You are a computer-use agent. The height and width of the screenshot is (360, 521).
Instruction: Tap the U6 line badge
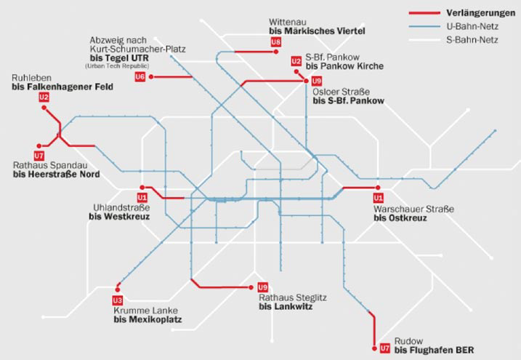click(x=140, y=76)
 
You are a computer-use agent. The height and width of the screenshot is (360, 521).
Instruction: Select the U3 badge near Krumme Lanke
click(x=118, y=300)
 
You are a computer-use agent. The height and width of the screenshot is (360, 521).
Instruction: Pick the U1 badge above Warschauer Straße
click(x=377, y=197)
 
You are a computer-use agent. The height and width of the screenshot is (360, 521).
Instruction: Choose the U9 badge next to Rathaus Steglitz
click(x=262, y=287)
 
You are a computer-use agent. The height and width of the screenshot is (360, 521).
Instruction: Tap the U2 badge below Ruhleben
click(x=44, y=97)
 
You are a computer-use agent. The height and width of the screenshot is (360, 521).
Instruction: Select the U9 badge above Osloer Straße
click(x=316, y=81)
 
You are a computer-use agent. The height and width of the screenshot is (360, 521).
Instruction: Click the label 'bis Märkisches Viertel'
click(x=316, y=33)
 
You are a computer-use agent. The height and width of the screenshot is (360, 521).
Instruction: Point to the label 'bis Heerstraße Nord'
click(x=56, y=175)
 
